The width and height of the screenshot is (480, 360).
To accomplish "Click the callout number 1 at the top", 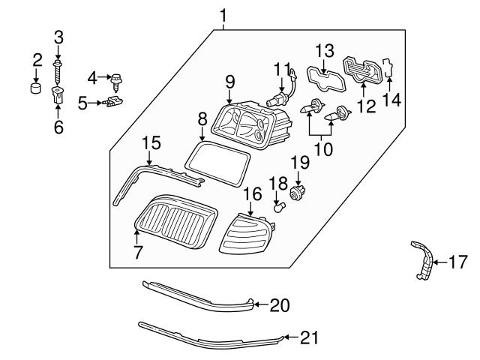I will pyautogui.click(x=222, y=15).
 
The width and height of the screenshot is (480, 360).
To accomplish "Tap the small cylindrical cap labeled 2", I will pyautogui.click(x=35, y=90).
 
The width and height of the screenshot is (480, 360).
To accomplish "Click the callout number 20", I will pyautogui.click(x=279, y=306).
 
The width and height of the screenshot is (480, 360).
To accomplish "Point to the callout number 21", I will pyautogui.click(x=309, y=338).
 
